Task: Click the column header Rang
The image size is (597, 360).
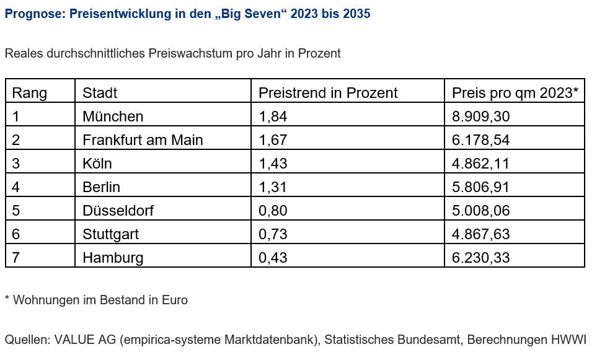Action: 29,93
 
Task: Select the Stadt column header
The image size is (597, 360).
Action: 100,93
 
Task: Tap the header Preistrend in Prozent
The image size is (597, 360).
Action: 328,93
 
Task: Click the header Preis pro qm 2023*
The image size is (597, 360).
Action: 515,93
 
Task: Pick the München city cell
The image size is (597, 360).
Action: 113,116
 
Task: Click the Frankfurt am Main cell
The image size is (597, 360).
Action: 143,140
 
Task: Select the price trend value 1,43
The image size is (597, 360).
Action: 273,164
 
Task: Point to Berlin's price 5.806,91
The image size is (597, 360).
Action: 481,187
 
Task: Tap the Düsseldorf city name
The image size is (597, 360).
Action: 118,211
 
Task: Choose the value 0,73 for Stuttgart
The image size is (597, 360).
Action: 273,234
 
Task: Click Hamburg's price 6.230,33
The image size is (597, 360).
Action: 481,258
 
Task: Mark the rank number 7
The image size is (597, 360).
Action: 16,258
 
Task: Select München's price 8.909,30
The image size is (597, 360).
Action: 481,116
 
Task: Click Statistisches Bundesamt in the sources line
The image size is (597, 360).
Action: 392,340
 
